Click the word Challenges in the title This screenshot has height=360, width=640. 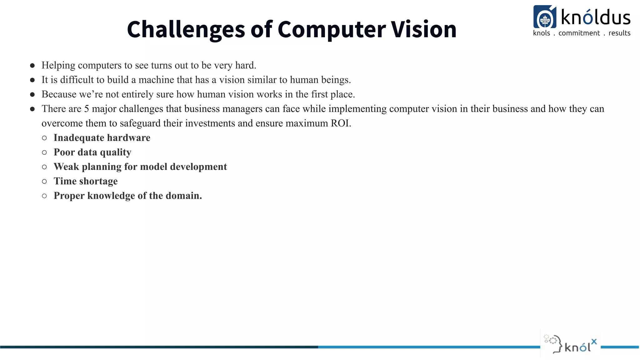(186, 30)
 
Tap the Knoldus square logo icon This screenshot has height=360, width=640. (545, 17)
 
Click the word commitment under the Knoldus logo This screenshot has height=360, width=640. (579, 33)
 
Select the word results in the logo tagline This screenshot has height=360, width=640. (619, 33)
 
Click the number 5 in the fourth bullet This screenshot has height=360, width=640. (87, 109)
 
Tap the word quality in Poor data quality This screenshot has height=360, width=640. (115, 152)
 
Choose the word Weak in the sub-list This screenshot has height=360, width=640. (66, 167)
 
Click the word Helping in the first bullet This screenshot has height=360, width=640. (58, 65)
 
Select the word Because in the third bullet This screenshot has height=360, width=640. (59, 94)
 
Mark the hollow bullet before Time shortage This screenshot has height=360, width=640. (44, 181)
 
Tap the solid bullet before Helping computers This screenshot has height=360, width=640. (32, 66)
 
